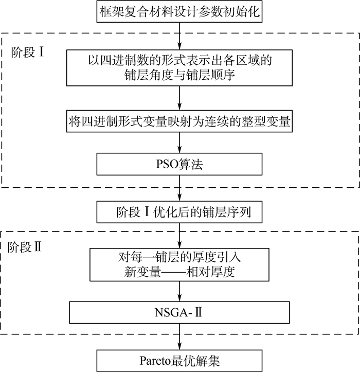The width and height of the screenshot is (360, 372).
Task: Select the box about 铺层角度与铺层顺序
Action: pos(179,67)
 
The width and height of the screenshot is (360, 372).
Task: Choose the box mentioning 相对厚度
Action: pos(179,263)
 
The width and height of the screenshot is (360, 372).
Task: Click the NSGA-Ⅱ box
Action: pos(179,310)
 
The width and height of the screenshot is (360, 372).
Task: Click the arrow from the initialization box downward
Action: pos(179,35)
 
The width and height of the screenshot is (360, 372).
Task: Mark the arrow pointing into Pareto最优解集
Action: pos(179,335)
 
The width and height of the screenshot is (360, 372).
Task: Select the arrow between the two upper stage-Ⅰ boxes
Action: pos(179,98)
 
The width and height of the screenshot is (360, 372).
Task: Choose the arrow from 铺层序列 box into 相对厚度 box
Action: pos(179,236)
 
